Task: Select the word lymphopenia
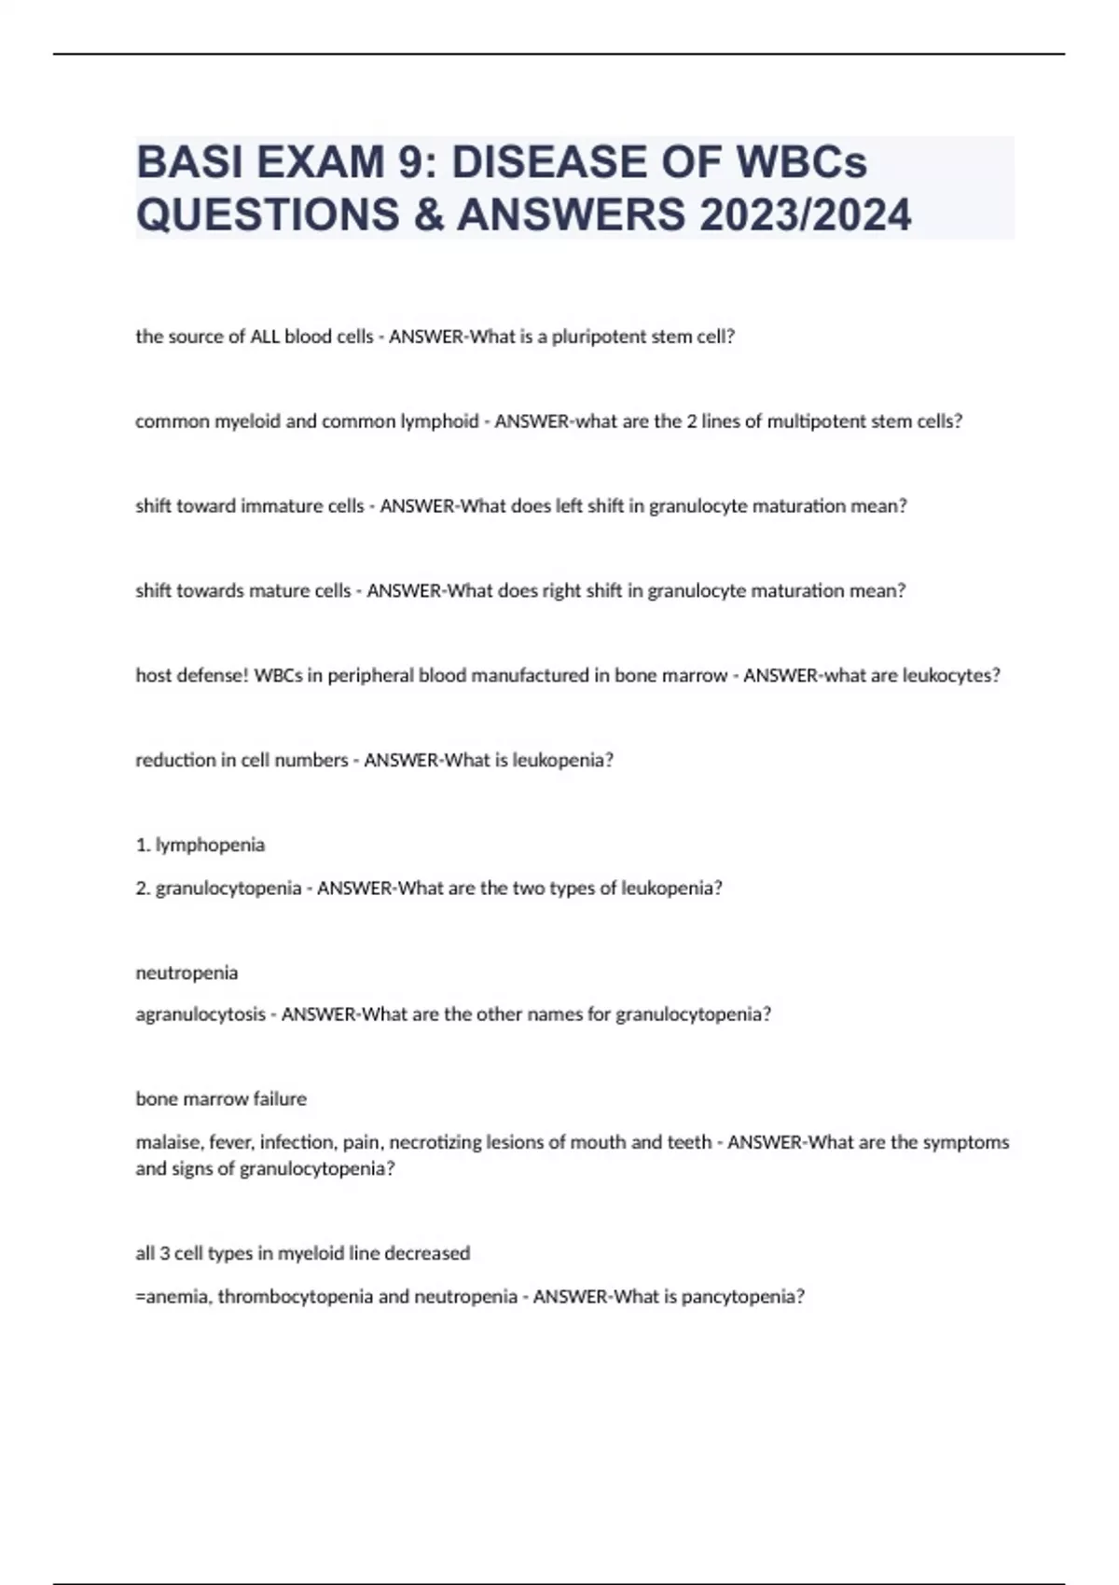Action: tap(210, 845)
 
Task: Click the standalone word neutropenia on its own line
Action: tap(186, 972)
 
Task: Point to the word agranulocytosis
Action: tap(200, 1014)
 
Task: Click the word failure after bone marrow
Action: tap(280, 1099)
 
